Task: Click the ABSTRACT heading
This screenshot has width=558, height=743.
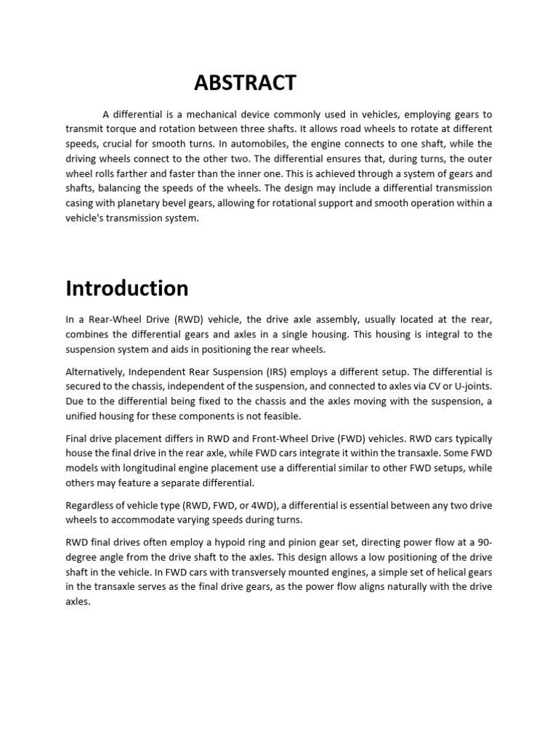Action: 245,83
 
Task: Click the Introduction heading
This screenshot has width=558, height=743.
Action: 127,288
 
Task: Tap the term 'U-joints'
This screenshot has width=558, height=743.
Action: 472,386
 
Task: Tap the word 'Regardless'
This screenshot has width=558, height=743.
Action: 91,505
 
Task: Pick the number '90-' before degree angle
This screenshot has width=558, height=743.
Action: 482,542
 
